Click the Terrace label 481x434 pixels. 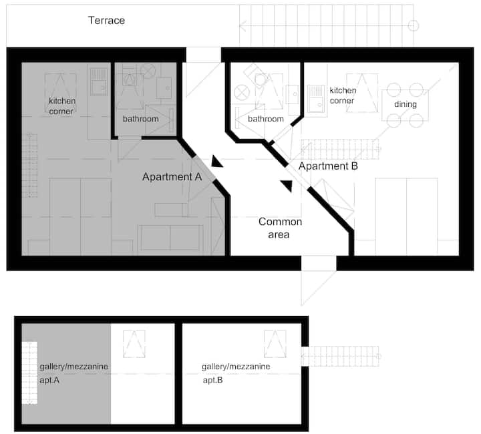coord(106,21)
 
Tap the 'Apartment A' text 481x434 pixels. coord(172,177)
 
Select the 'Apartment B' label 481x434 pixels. coord(328,166)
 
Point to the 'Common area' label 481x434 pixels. coord(280,228)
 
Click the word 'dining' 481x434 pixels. coord(406,104)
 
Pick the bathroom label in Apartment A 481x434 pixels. coord(141,119)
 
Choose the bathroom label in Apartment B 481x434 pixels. coord(266,119)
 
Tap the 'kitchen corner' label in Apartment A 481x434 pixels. coord(61,106)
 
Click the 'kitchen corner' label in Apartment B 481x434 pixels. coord(343,95)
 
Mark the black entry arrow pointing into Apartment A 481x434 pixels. coord(216,162)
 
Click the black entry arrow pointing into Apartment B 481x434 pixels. coord(287,186)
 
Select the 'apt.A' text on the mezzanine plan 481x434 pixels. coord(49,381)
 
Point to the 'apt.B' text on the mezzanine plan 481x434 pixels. coord(213,381)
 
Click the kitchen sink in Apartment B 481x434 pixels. coord(316,99)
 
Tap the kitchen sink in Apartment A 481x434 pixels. coord(98,81)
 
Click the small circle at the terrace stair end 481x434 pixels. coord(414,26)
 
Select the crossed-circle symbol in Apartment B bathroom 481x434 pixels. coord(242,93)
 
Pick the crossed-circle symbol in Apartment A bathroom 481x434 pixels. coord(148,71)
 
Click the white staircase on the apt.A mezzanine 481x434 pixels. coord(29,373)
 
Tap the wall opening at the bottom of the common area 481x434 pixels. coord(319,263)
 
